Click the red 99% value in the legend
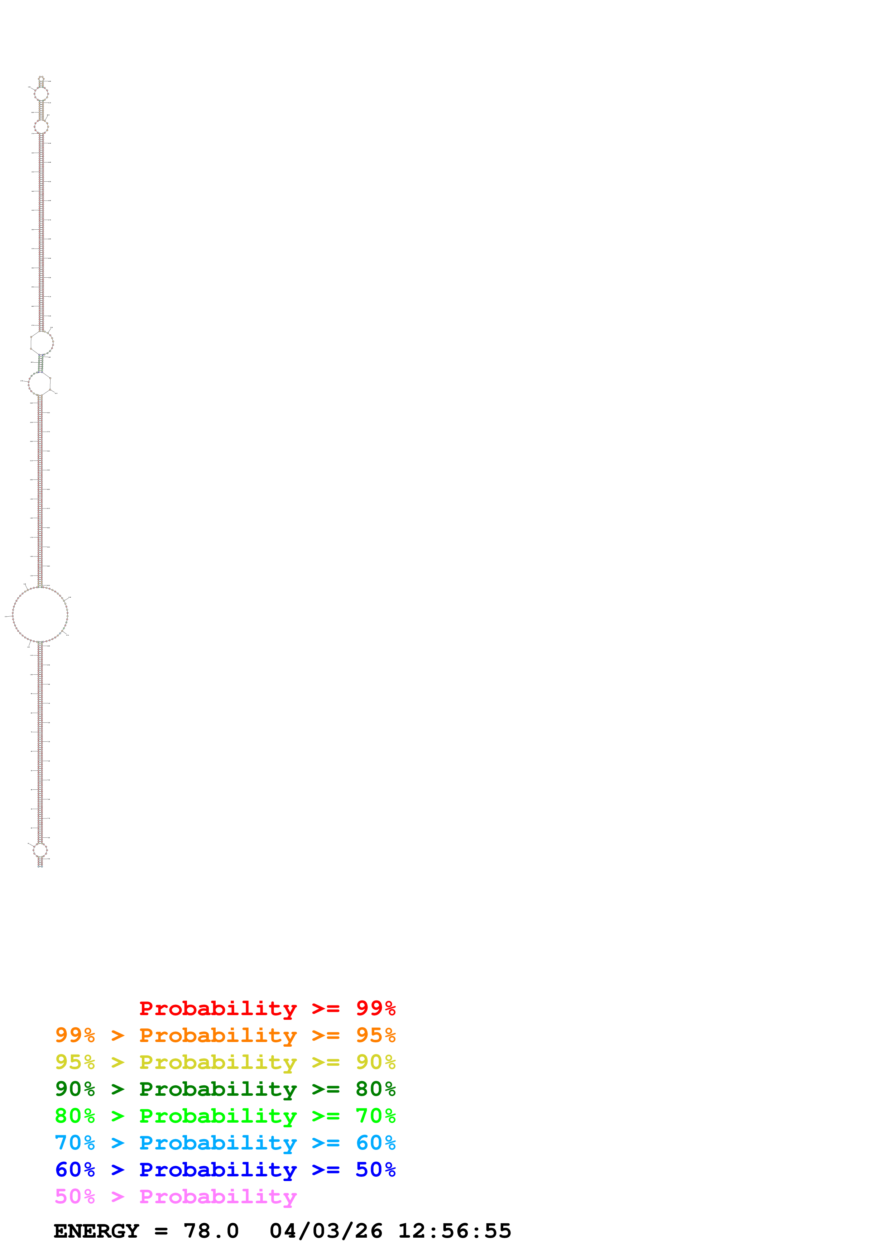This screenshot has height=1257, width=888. click(375, 1008)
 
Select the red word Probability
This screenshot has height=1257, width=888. click(218, 1008)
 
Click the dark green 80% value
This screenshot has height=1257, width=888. click(375, 1089)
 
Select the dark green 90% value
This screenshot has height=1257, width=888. click(75, 1089)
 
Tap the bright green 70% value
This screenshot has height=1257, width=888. click(375, 1116)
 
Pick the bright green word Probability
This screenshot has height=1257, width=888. click(218, 1116)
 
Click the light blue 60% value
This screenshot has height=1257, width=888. click(375, 1143)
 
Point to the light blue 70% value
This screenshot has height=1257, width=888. click(75, 1143)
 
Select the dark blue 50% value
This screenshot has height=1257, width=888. click(375, 1170)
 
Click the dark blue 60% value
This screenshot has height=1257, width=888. click(75, 1170)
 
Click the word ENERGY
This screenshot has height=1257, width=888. click(96, 1231)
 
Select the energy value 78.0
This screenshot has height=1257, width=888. click(211, 1231)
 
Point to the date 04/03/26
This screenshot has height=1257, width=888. click(326, 1231)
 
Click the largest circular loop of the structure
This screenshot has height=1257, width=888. click(40, 614)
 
